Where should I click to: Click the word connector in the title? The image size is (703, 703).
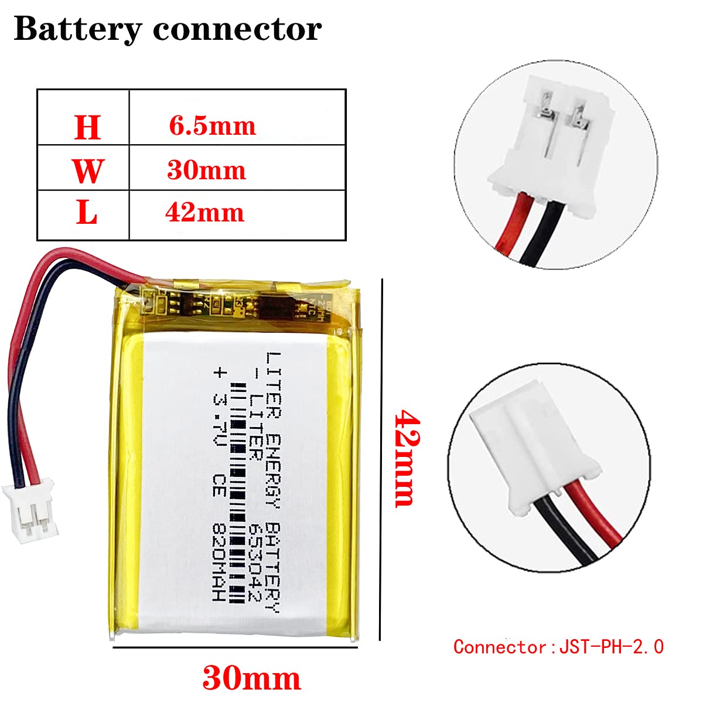click(237, 29)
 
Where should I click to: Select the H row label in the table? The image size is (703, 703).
click(87, 127)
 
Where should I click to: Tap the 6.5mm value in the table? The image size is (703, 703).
click(212, 126)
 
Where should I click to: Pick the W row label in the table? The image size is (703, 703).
click(87, 170)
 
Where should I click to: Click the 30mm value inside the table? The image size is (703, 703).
click(206, 170)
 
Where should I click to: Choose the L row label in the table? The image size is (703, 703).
click(87, 213)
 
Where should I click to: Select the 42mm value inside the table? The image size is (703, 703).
click(204, 212)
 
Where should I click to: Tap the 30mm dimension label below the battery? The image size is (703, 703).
click(251, 678)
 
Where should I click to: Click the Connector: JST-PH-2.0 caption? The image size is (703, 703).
click(558, 647)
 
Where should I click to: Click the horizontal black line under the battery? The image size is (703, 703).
click(234, 647)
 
